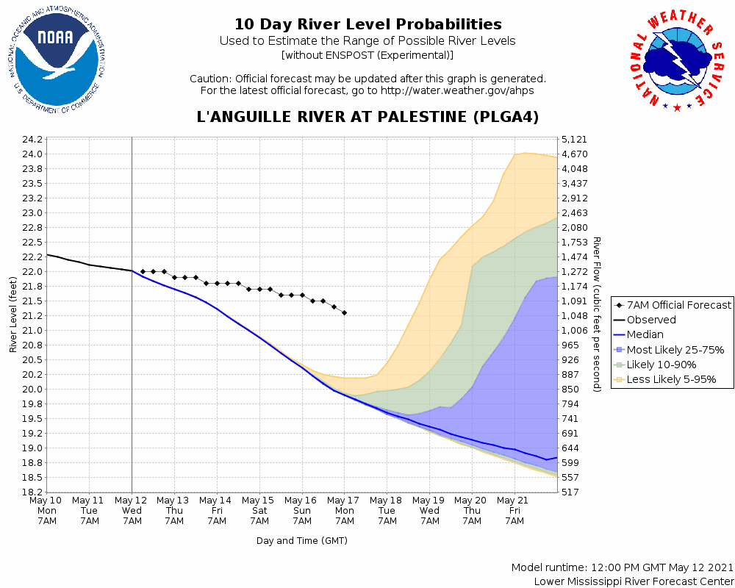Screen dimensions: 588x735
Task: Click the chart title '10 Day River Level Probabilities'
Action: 367,24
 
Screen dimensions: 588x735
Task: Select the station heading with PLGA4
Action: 367,117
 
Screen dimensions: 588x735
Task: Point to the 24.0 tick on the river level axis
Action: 32,154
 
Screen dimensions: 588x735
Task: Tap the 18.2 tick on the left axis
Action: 32,492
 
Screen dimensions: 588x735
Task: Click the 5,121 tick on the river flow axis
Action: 573,140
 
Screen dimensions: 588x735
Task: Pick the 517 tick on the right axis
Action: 570,492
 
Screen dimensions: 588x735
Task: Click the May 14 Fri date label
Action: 217,510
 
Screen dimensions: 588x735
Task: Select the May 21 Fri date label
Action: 514,510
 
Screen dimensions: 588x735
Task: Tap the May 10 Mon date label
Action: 47,510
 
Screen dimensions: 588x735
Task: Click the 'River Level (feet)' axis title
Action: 13,315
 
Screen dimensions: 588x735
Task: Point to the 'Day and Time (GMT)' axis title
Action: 301,541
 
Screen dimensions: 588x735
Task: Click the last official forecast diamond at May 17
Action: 344,313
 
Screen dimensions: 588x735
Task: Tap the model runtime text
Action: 623,568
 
